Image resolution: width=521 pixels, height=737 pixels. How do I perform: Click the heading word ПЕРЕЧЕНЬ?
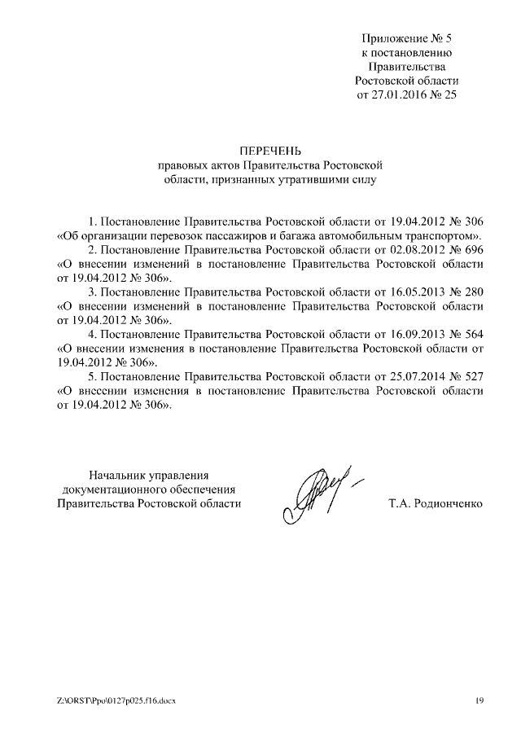tap(269, 150)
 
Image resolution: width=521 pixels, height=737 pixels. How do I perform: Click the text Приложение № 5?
tap(407, 37)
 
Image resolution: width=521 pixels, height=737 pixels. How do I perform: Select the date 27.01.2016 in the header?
tap(398, 94)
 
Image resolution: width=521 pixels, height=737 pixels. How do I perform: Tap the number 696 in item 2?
tap(473, 249)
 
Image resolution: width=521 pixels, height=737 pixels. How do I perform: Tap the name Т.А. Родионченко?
tap(436, 504)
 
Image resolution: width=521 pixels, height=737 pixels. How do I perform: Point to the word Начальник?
tap(120, 475)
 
